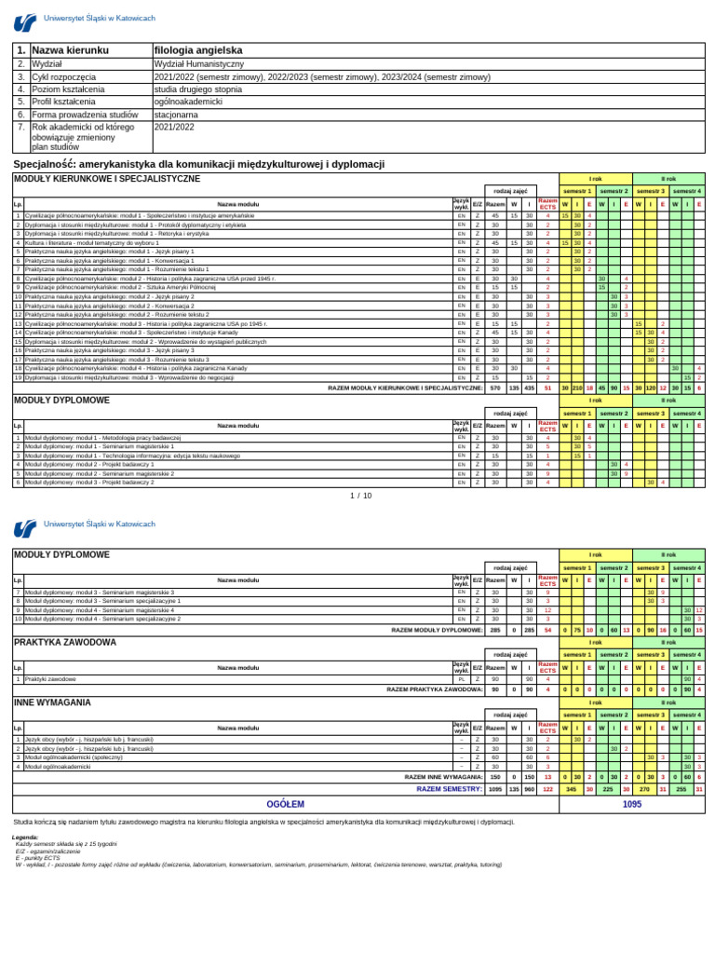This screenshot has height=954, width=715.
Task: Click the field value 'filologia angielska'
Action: [x=198, y=49]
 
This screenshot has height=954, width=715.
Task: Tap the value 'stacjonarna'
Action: [x=177, y=115]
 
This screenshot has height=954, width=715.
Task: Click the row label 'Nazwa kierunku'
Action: [x=71, y=49]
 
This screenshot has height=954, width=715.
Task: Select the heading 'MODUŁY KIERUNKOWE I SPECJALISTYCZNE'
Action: [x=107, y=178]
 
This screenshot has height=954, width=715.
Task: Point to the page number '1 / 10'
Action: [x=360, y=496]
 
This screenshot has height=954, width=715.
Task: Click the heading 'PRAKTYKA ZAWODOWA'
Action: [x=65, y=642]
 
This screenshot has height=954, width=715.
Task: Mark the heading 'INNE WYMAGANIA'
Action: [x=52, y=702]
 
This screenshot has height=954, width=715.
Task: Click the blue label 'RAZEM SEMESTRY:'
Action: [x=450, y=788]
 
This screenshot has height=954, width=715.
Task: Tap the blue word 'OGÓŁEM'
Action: [x=286, y=803]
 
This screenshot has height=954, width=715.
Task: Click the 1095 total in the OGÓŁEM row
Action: [x=631, y=803]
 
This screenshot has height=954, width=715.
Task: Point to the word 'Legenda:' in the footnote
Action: [x=26, y=838]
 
